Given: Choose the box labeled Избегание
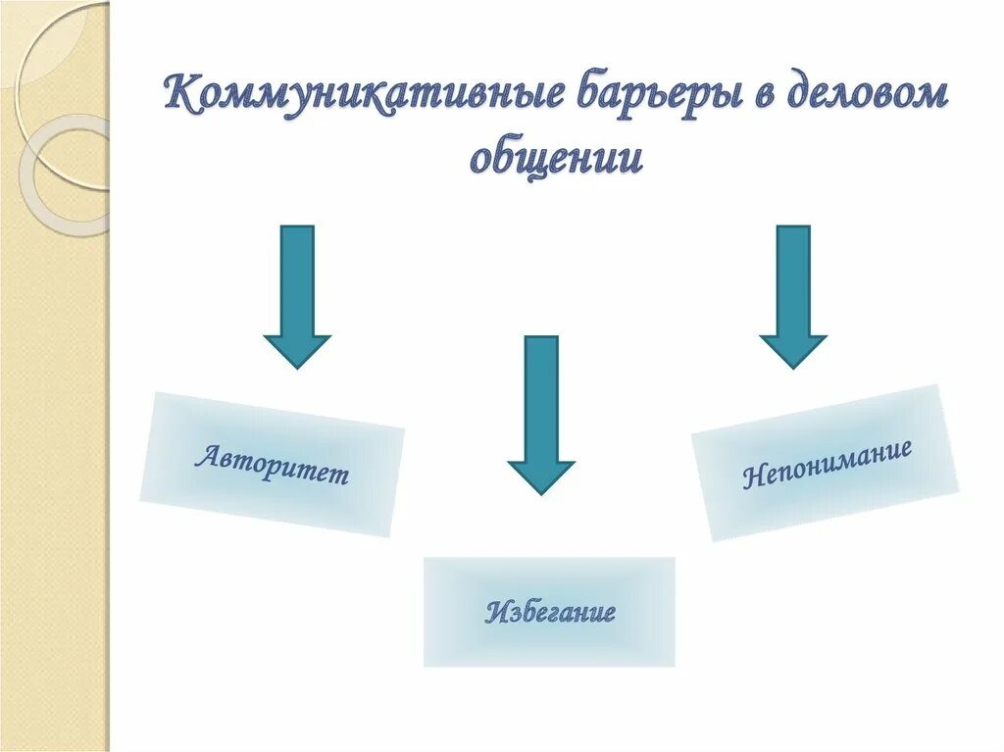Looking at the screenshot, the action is (549, 612).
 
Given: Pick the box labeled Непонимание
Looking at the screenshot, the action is (825, 462).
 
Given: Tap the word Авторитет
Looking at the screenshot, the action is (272, 466).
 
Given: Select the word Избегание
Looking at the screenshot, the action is (549, 614).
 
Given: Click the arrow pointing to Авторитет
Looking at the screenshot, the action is (297, 294).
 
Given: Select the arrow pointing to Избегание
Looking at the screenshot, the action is (540, 412).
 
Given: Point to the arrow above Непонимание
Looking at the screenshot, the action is (793, 294).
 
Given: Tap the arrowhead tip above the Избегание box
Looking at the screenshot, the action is (540, 491).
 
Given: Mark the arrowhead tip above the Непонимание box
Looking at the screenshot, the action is (793, 366).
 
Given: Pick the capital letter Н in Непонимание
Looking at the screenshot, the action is (752, 478).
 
